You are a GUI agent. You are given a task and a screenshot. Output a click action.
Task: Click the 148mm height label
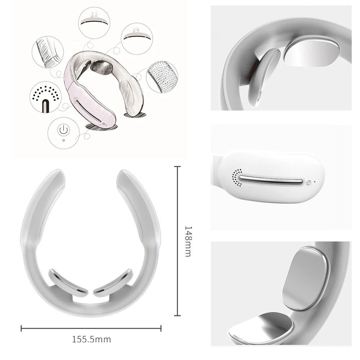point(188,241)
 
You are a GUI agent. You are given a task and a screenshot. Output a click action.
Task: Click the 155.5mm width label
point(91,339)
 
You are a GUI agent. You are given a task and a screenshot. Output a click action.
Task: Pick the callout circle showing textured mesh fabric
point(162,77)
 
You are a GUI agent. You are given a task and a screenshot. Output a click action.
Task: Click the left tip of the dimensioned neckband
point(54,175)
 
